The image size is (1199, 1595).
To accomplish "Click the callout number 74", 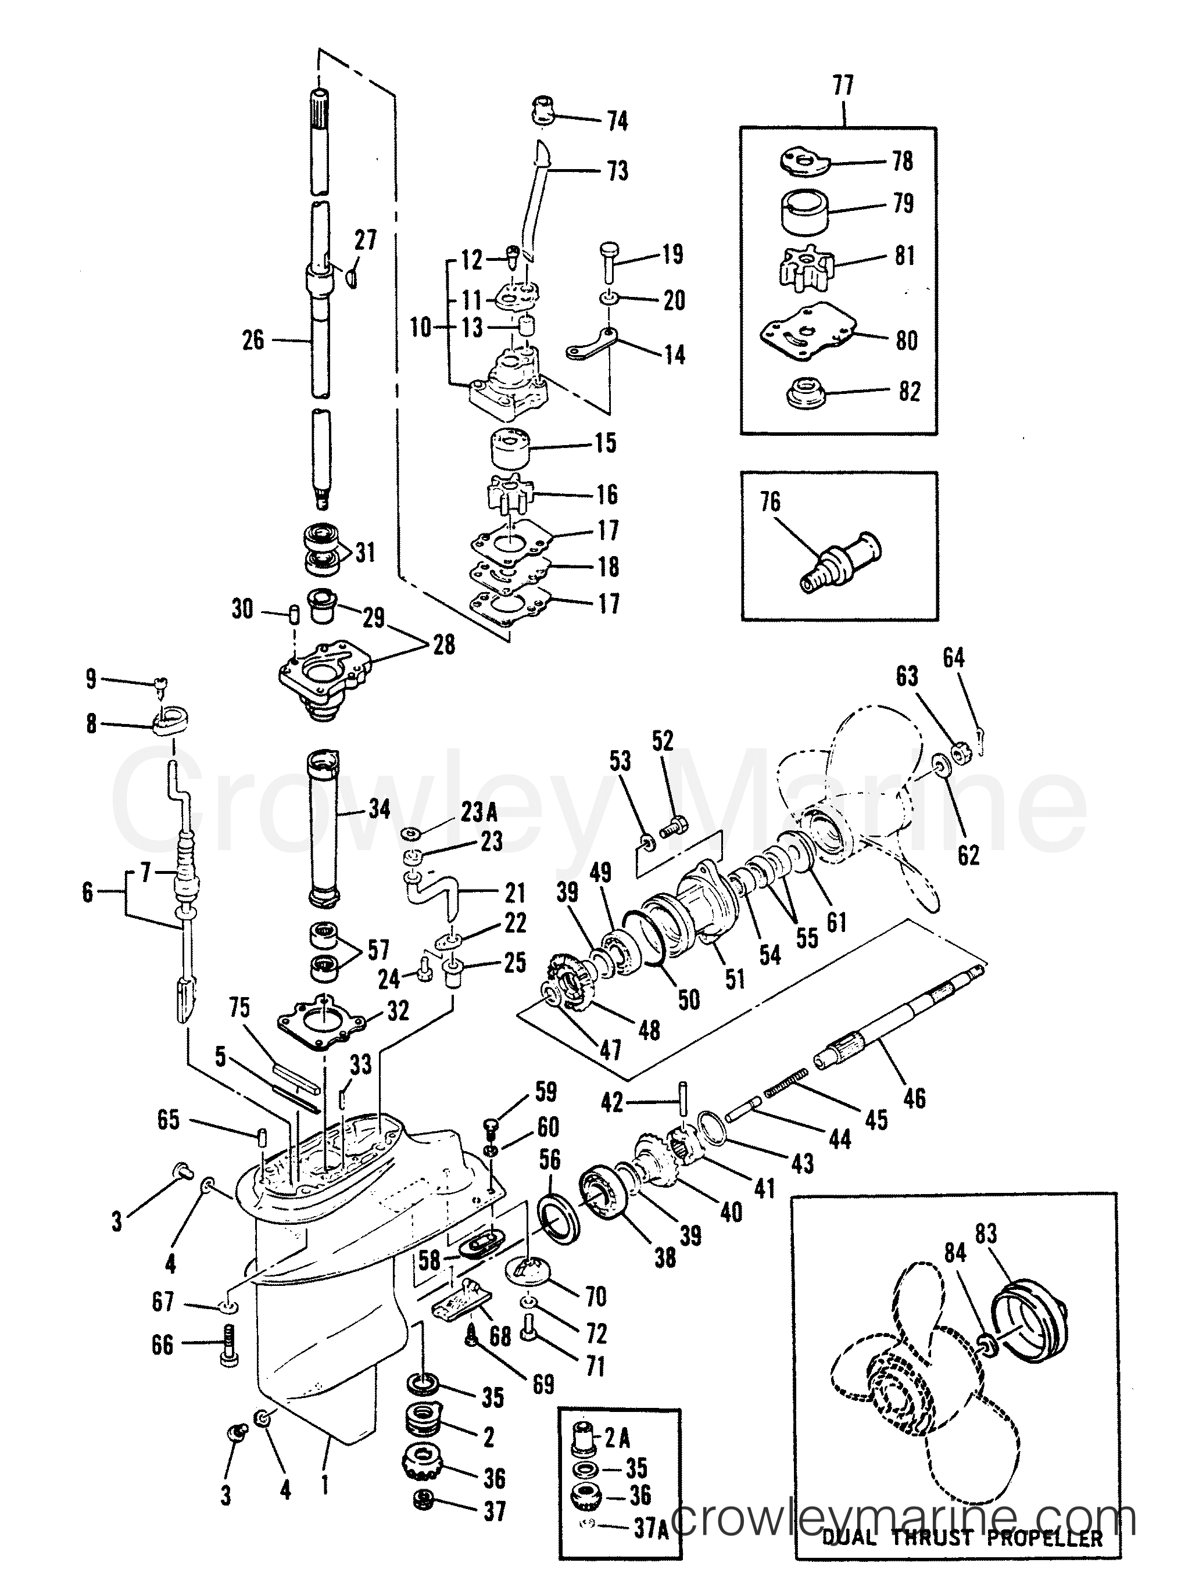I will coord(617,121).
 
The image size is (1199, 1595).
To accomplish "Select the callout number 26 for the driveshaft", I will coord(253,339).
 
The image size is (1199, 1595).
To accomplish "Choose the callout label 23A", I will coord(479,813).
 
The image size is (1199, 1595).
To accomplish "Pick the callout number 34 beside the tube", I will coord(379,808).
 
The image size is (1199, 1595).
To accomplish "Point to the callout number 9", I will coord(91,679).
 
